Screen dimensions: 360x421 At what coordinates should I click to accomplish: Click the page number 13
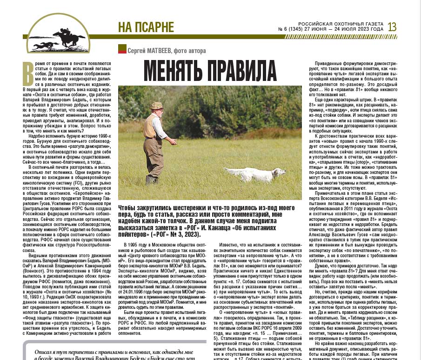(x=392, y=27)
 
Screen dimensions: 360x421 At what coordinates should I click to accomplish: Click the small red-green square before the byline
(x=122, y=49)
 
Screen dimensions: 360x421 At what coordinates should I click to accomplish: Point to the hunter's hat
(x=157, y=106)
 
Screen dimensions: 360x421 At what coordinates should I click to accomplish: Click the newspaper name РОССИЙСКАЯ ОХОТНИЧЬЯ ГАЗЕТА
(x=341, y=24)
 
